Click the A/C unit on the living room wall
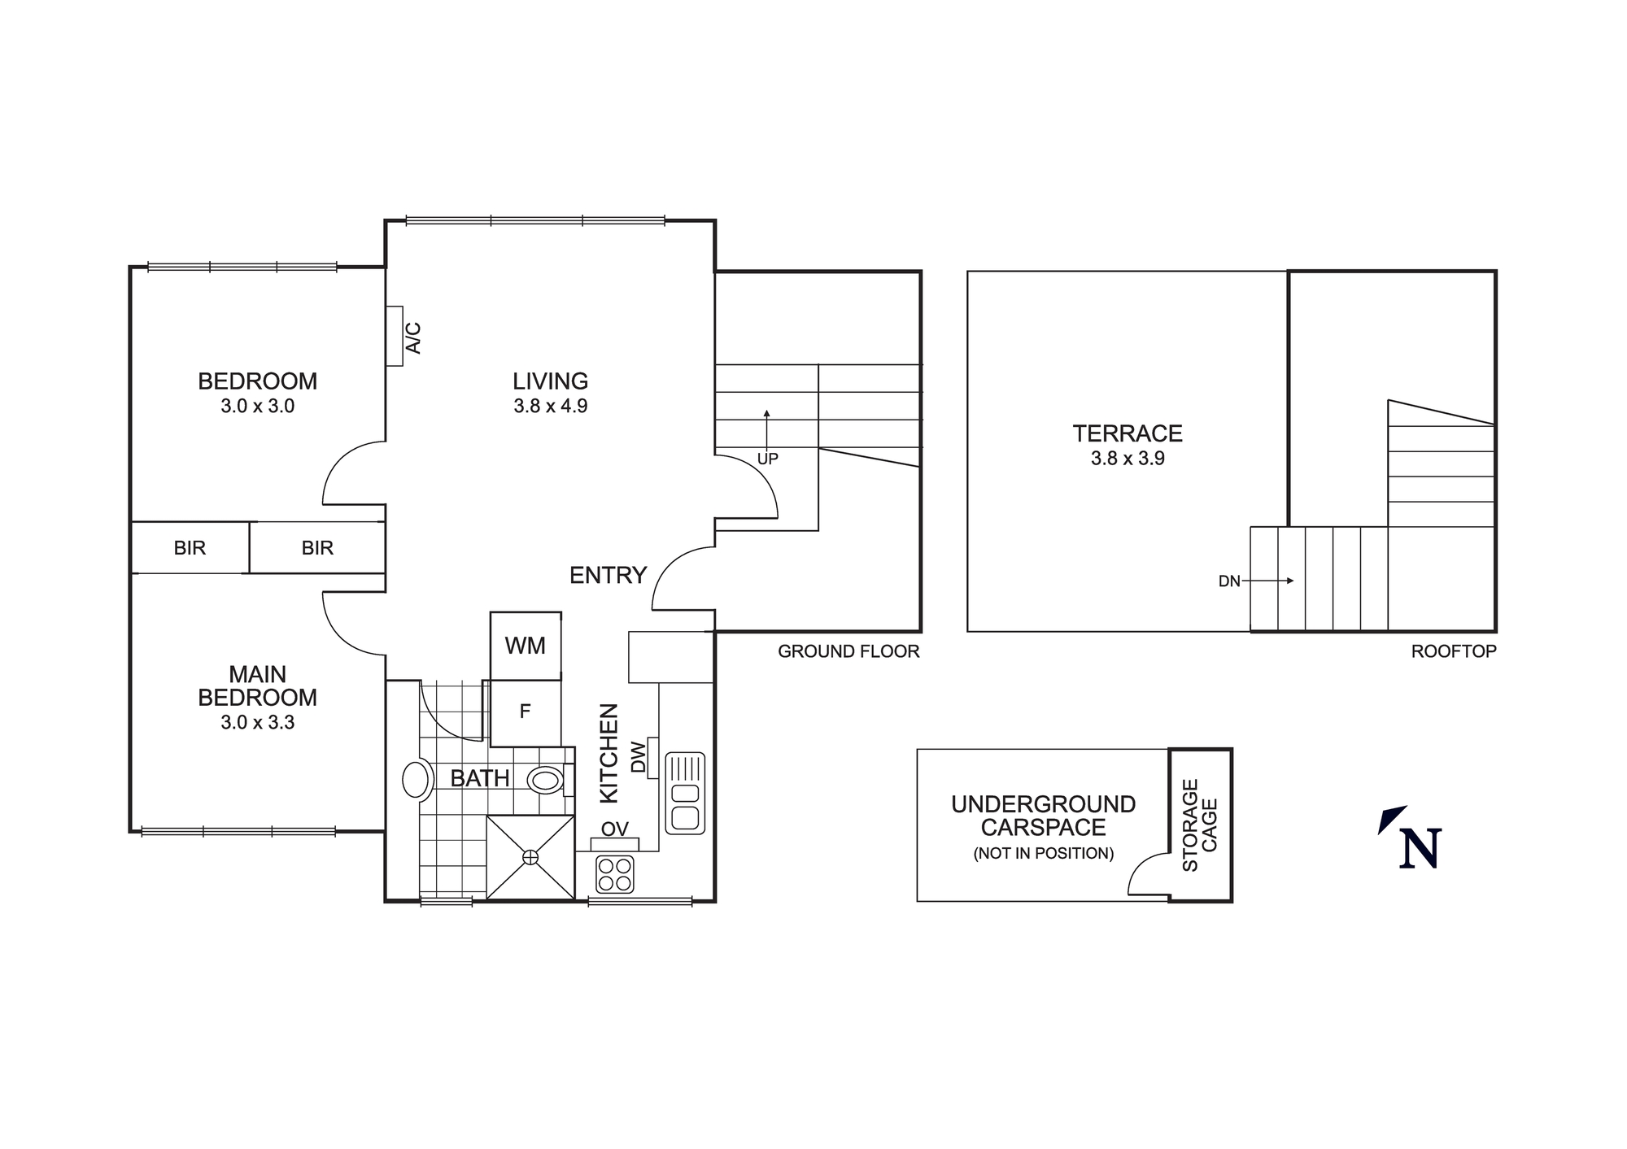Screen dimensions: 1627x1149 pos(395,336)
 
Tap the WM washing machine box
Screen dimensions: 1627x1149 pos(526,646)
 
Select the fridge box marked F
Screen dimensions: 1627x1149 pos(526,712)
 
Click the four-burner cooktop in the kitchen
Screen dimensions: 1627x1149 pos(615,874)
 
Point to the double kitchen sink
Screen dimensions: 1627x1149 pos(685,794)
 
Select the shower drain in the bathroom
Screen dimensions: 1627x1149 pos(530,856)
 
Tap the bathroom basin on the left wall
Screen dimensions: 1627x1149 pos(417,780)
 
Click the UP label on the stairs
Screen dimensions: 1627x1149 pos(768,459)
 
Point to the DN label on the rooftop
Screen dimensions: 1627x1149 pos(1229,581)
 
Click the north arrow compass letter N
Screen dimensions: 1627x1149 pos(1420,848)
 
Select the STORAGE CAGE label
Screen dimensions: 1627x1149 pos(1200,825)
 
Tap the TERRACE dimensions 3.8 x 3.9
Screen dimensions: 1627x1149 pos(1128,459)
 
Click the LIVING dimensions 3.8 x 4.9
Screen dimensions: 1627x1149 pos(551,406)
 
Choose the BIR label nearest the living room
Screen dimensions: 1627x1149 pos(317,548)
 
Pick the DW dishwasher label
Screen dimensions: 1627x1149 pos(639,757)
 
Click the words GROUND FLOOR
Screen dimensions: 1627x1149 pos(848,651)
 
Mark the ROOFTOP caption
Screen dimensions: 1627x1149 pos(1454,651)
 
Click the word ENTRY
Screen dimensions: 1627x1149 pos(608,576)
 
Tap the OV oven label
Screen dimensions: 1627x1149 pos(615,829)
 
